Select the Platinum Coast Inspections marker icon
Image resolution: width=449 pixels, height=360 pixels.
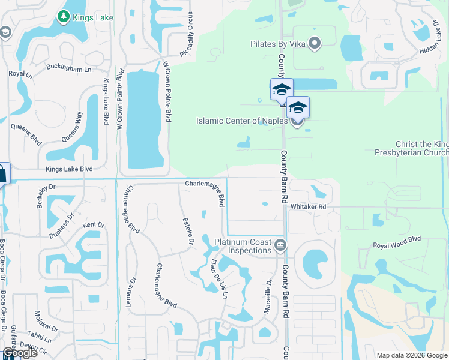280,245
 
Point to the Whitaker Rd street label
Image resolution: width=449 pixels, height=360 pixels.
308,206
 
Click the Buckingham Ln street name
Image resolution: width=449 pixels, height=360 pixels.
70,70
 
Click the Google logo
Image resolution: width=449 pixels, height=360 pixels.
20,353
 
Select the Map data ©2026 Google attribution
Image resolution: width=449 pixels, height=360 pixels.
411,355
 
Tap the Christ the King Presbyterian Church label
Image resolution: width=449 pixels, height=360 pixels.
421,148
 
